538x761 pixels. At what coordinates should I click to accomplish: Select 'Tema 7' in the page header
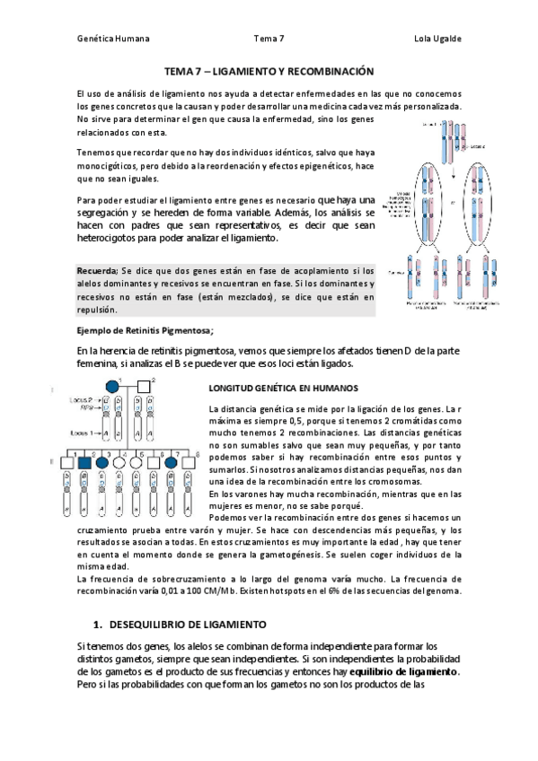(x=269, y=39)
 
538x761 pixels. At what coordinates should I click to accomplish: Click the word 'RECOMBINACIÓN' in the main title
(x=328, y=70)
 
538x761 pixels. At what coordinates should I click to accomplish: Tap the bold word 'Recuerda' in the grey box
(x=97, y=270)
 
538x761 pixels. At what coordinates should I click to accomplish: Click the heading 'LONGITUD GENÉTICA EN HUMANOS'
(x=283, y=389)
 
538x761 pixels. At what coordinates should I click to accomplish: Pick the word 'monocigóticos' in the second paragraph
(x=115, y=167)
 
